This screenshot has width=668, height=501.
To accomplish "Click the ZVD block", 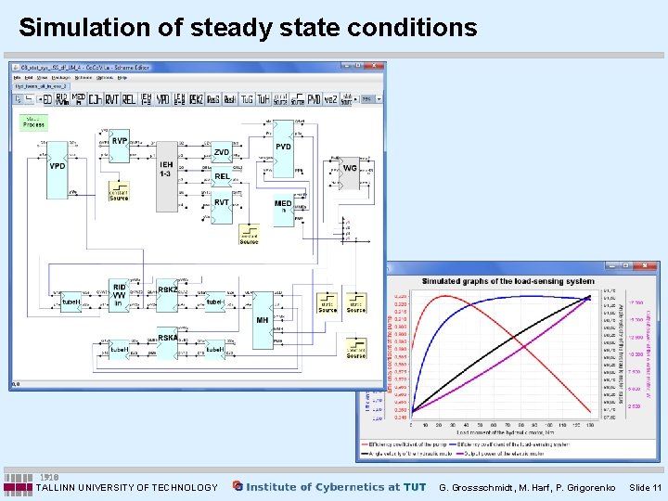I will pyautogui.click(x=221, y=153).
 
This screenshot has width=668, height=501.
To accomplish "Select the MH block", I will pyautogui.click(x=263, y=320).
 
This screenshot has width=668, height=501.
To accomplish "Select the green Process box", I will pyautogui.click(x=33, y=122).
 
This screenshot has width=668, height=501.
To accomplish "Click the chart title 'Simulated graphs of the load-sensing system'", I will pyautogui.click(x=507, y=281).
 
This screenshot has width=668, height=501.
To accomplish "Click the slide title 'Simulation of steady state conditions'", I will pyautogui.click(x=248, y=28).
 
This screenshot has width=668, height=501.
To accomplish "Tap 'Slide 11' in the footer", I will pyautogui.click(x=644, y=487).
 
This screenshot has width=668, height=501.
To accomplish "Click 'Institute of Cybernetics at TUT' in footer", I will pyautogui.click(x=336, y=487).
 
